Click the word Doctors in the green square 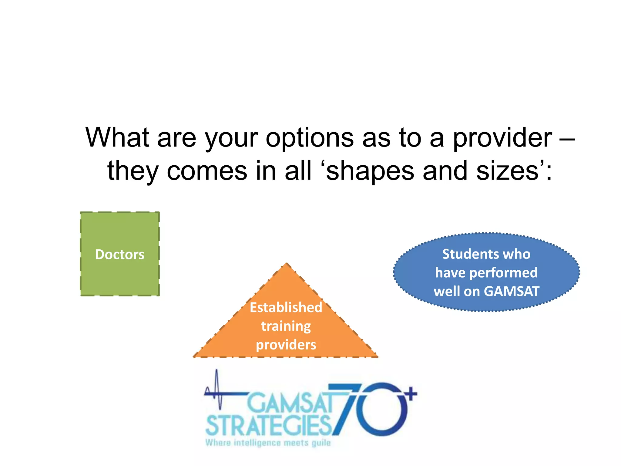point(119,254)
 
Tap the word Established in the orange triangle point(286,307)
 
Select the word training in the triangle point(286,326)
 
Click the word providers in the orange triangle point(286,345)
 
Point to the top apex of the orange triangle point(287,264)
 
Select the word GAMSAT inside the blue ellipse point(512,291)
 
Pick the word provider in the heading point(502,138)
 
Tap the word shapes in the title point(370,171)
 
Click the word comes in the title point(207,171)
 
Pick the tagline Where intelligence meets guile point(268,443)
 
